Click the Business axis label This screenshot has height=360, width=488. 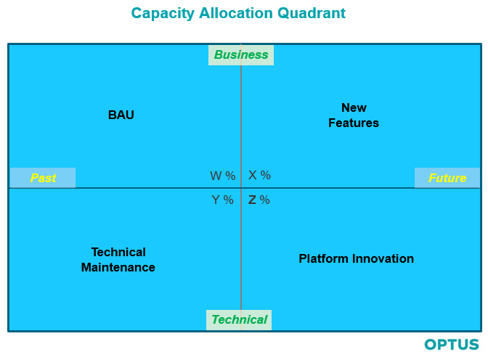tap(241, 54)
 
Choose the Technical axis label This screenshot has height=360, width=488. tap(239, 319)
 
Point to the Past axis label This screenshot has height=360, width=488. tap(43, 178)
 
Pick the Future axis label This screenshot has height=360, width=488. tap(447, 178)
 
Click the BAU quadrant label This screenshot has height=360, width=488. tap(121, 115)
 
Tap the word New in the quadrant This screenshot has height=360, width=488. tap(354, 107)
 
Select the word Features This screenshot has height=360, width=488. tap(354, 123)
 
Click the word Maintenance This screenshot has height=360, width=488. tap(118, 267)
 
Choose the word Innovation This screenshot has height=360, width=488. tap(384, 258)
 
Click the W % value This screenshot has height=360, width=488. tap(223, 176)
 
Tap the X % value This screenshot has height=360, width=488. tap(259, 175)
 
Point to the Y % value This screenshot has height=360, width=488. tap(223, 200)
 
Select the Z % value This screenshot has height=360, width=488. tap(259, 200)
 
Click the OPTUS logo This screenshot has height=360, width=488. tap(452, 345)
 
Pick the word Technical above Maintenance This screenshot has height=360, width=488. tap(118, 252)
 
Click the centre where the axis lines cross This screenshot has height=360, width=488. tap(241, 188)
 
